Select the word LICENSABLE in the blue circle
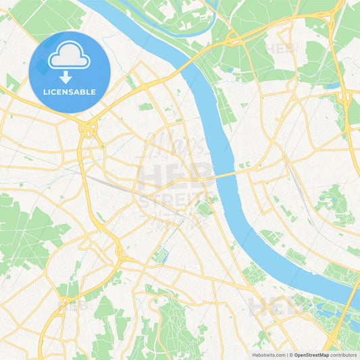click(x=70, y=92)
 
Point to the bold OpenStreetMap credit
click(x=311, y=355)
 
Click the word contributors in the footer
click(x=344, y=355)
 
